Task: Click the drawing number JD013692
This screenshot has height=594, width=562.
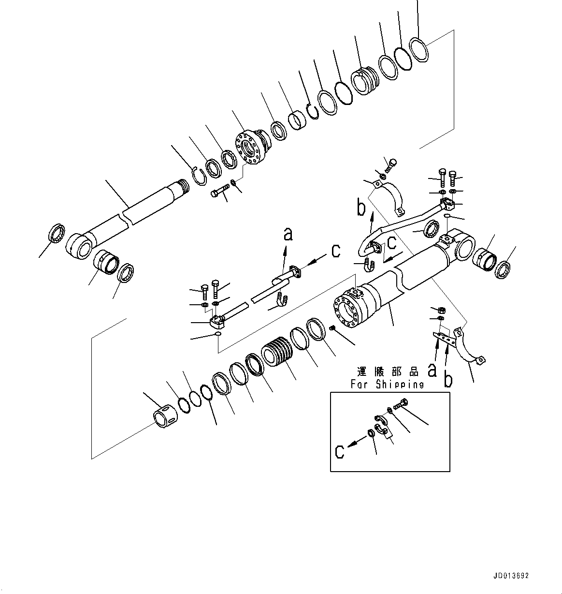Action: [x=511, y=576]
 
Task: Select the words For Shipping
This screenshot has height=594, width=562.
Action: [x=387, y=384]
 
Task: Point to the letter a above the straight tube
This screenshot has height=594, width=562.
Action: [x=288, y=235]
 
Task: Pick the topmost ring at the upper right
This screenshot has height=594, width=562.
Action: [x=419, y=50]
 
